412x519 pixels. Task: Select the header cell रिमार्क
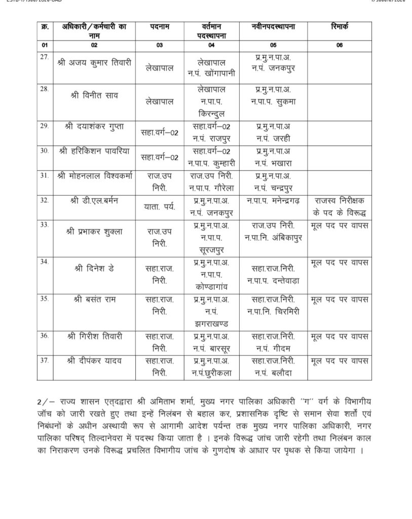(339, 26)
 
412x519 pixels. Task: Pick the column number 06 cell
(339, 45)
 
